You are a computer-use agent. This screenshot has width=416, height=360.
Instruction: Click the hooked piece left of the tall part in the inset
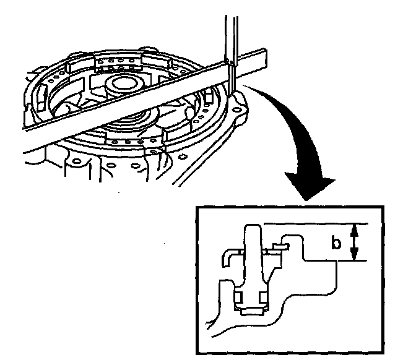(x=230, y=255)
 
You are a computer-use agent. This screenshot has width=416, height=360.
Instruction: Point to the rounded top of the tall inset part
(x=253, y=230)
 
